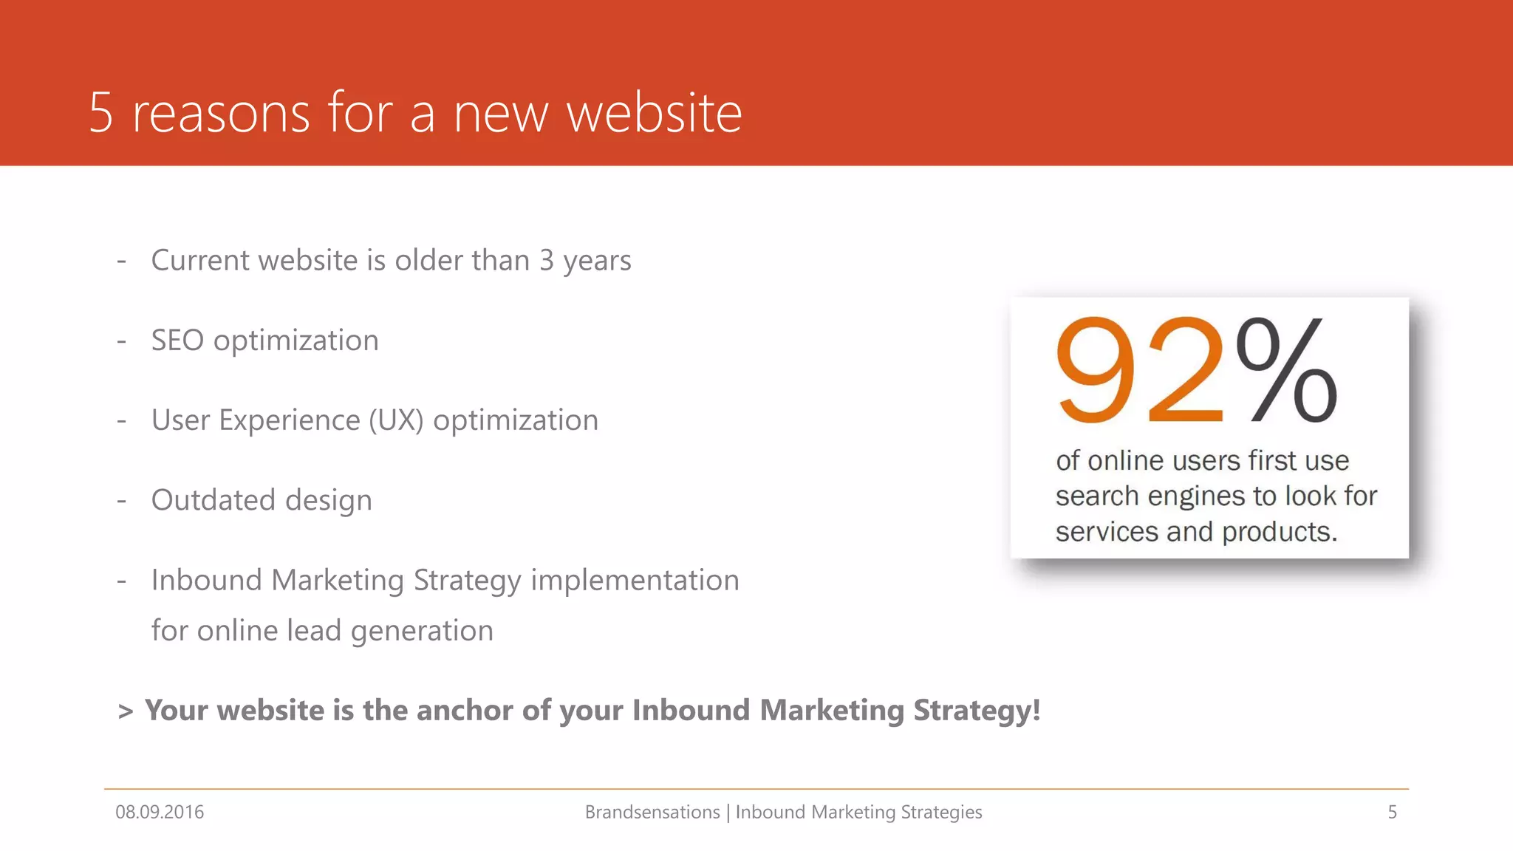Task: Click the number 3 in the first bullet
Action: pyautogui.click(x=547, y=260)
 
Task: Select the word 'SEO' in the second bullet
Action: pyautogui.click(x=177, y=341)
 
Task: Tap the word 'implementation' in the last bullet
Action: pyautogui.click(x=635, y=581)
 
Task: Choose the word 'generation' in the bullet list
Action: pyautogui.click(x=422, y=631)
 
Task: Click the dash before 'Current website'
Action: pyautogui.click(x=122, y=261)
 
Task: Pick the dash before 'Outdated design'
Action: pyautogui.click(x=122, y=501)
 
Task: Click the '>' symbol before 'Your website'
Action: pyautogui.click(x=126, y=711)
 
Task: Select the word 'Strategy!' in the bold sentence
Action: pyautogui.click(x=977, y=710)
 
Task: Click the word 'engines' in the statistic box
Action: pyautogui.click(x=1195, y=496)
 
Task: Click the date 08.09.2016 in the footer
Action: pyautogui.click(x=160, y=812)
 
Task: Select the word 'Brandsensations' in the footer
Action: pyautogui.click(x=652, y=812)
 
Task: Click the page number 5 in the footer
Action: pyautogui.click(x=1392, y=812)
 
